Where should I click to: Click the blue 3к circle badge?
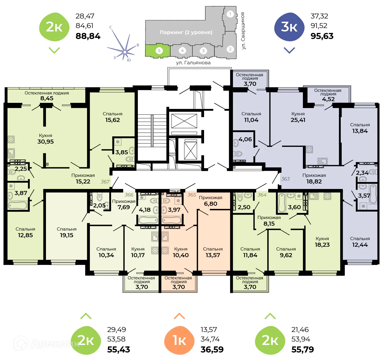coord(289,27)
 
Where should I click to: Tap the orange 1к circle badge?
coord(179,340)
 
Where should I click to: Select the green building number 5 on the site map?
coord(159,51)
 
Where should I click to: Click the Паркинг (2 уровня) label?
coord(186,32)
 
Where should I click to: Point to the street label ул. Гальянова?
coord(193,63)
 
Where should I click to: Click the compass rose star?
coord(125,52)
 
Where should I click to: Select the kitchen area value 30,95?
coord(45,142)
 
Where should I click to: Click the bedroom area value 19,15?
coord(66,235)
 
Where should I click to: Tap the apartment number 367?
coord(105,182)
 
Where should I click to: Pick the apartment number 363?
coord(285,179)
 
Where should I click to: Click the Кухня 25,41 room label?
coord(298,117)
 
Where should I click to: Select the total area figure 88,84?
coord(88,36)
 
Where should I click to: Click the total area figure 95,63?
coord(322,36)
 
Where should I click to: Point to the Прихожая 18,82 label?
coord(314,179)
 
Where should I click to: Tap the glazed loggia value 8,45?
coord(47,98)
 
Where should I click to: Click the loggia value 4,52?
coord(328,99)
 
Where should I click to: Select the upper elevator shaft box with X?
coord(184,121)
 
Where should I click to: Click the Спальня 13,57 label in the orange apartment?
coord(213,252)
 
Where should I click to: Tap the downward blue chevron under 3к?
coord(289,50)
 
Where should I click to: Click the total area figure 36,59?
coord(212,349)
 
